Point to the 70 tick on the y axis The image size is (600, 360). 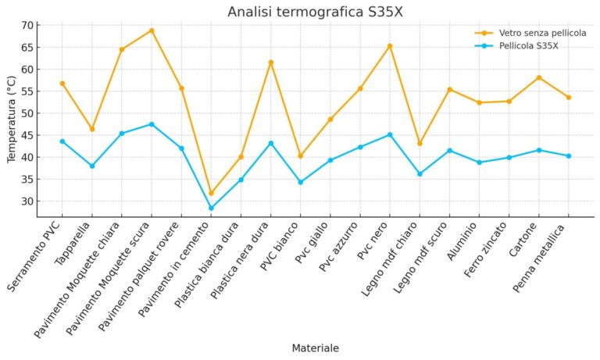27,25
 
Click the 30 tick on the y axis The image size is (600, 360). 27,201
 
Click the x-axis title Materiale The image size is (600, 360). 315,348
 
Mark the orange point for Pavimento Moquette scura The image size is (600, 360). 152,30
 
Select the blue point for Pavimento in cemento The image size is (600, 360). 211,209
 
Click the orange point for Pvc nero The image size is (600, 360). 390,46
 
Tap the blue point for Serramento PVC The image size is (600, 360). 62,141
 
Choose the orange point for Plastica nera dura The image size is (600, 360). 271,62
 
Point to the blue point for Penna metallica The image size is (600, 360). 569,156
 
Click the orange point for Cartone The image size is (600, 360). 539,77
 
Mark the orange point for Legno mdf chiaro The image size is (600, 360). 420,143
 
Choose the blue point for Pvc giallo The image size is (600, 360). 330,160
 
